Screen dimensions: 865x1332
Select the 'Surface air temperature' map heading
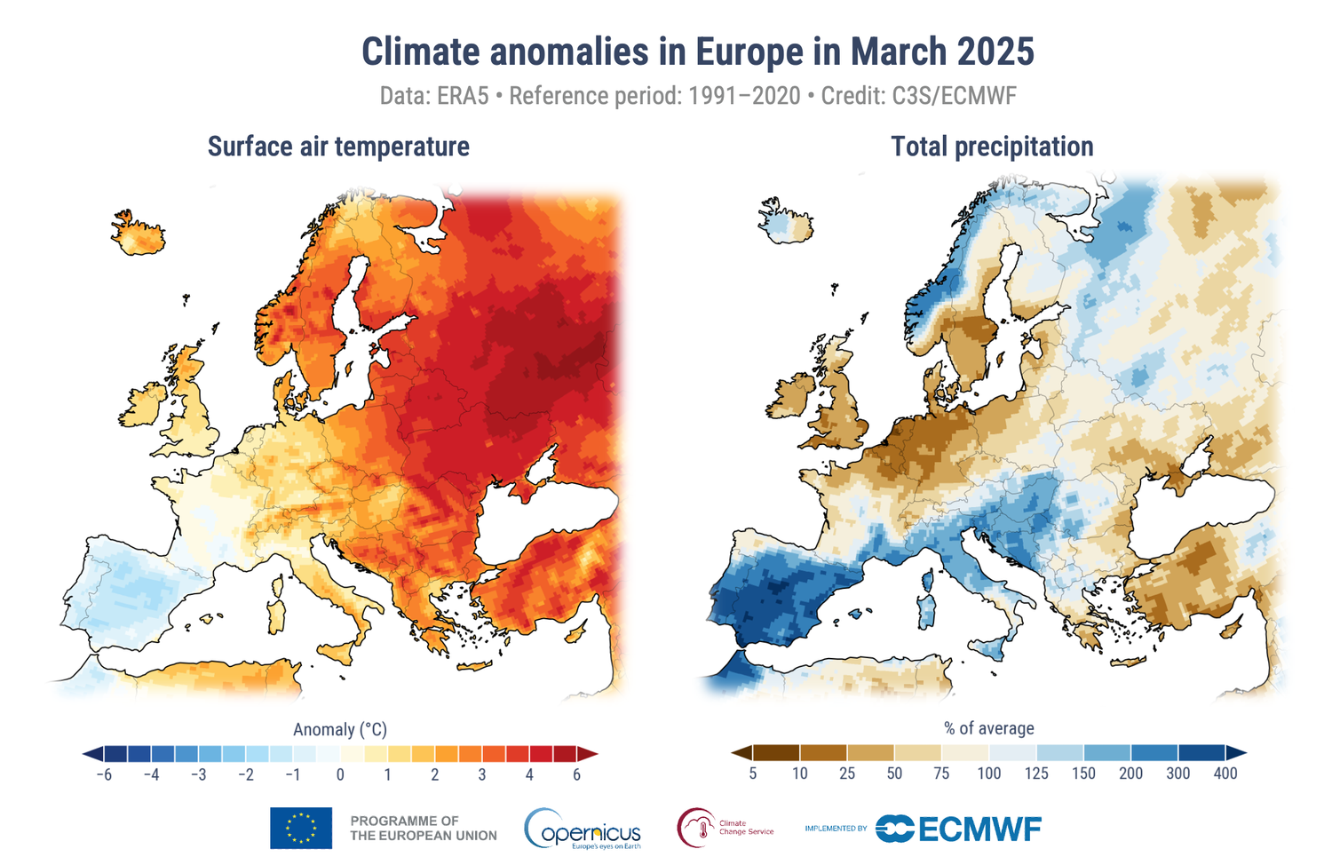[338, 147]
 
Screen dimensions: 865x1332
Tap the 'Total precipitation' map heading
[992, 147]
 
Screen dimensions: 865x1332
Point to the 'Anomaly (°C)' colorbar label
[340, 729]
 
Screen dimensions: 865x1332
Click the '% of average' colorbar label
[989, 728]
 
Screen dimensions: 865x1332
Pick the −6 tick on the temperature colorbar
[104, 774]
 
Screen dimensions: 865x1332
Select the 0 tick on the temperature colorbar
[340, 774]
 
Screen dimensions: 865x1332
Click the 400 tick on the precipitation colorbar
[1225, 774]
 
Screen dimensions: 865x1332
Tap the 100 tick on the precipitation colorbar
[988, 774]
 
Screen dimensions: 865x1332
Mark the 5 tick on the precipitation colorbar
[752, 774]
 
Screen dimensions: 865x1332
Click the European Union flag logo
[301, 828]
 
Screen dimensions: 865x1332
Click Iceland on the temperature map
[139, 232]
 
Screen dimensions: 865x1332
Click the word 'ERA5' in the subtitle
[463, 96]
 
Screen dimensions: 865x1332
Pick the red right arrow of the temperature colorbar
[588, 754]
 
